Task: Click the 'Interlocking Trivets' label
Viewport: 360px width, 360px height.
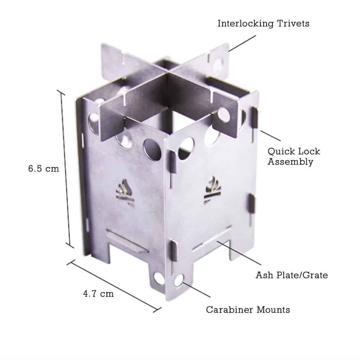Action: coord(263,24)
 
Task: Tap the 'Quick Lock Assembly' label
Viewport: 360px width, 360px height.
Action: coord(294,156)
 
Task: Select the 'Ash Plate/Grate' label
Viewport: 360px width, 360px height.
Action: coord(291,275)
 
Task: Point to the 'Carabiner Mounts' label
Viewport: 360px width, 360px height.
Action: coord(248,310)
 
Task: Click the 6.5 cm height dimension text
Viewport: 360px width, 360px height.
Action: coord(44,168)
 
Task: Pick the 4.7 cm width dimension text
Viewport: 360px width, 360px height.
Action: coord(98,294)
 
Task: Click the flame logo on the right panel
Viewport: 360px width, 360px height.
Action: coord(213,190)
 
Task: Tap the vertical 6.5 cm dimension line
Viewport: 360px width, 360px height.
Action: coord(65,169)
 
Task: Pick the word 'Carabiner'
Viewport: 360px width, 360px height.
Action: coord(229,310)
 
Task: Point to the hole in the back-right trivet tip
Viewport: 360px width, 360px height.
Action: coord(218,64)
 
